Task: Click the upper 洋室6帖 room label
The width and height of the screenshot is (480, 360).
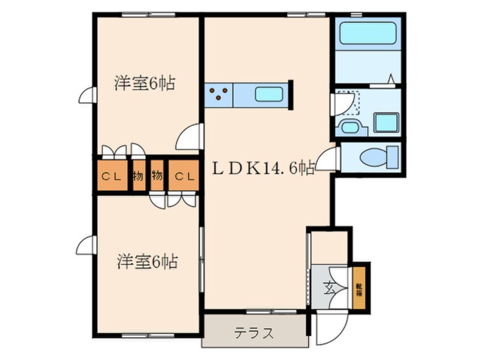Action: [144, 84]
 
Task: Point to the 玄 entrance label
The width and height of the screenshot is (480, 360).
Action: [330, 286]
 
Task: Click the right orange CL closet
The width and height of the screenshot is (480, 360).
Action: [184, 176]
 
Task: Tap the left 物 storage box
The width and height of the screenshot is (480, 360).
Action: [138, 176]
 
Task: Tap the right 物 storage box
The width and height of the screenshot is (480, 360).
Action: [157, 176]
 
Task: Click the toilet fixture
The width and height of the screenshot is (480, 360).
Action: [380, 156]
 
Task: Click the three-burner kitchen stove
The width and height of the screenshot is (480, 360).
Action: [218, 94]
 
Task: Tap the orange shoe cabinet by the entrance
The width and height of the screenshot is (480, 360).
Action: [359, 286]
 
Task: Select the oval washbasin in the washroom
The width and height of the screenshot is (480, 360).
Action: [348, 126]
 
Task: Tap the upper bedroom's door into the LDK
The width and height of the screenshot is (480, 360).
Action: [190, 137]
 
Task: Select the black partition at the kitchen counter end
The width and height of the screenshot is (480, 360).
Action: [290, 94]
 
